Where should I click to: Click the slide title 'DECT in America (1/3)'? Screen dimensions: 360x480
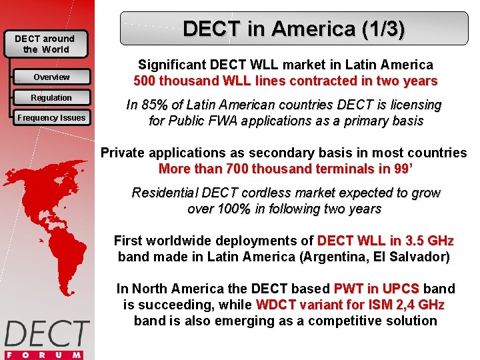coord(293,29)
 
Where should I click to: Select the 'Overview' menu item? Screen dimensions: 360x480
coord(51,77)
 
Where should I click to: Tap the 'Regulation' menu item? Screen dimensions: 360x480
coord(51,98)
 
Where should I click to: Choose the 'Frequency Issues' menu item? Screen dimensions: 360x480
coord(51,118)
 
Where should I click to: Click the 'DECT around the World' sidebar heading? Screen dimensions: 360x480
coord(45,44)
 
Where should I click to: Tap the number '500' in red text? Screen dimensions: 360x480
coord(146,81)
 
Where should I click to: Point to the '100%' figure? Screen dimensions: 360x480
coord(233,209)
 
